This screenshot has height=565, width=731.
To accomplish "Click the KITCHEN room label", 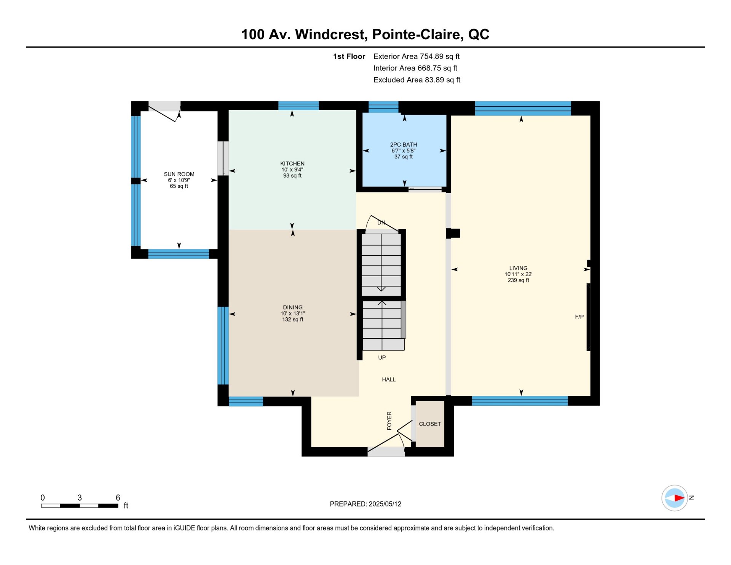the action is click(x=292, y=163).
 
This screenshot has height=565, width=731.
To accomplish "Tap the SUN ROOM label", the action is click(x=179, y=174).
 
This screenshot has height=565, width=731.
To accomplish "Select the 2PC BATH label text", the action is click(x=404, y=145).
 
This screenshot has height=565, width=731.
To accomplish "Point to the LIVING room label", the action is click(x=519, y=268).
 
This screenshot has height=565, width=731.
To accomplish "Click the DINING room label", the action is click(x=293, y=307).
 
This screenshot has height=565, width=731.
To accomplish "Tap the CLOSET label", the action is click(x=430, y=424).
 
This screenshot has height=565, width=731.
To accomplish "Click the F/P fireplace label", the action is click(x=579, y=317).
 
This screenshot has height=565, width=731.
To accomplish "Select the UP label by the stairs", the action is click(x=382, y=358).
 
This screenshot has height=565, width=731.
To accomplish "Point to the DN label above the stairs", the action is click(x=381, y=222).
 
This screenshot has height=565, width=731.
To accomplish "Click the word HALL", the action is click(x=389, y=379).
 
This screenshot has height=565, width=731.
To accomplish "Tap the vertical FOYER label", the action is click(x=389, y=421).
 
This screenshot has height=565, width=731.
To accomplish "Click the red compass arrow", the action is click(x=680, y=498).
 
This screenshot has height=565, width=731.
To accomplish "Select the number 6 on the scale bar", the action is click(x=118, y=498).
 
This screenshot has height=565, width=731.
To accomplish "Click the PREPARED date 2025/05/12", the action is click(x=385, y=504).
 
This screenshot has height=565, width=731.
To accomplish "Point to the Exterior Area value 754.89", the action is click(x=431, y=56).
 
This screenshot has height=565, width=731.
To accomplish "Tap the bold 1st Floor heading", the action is click(x=349, y=56).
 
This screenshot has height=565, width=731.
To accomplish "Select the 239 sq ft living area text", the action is click(x=519, y=280).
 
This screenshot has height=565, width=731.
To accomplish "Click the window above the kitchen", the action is click(x=298, y=106).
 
